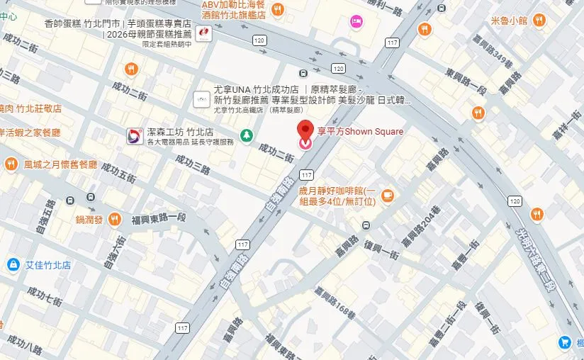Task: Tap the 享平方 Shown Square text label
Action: [360, 131]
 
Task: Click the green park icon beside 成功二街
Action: [246, 135]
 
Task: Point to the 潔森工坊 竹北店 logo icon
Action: [133, 136]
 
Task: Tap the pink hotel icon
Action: [356, 23]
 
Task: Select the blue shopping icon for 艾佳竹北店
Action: [12, 265]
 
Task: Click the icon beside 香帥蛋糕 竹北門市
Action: [203, 33]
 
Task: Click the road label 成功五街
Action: [117, 175]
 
